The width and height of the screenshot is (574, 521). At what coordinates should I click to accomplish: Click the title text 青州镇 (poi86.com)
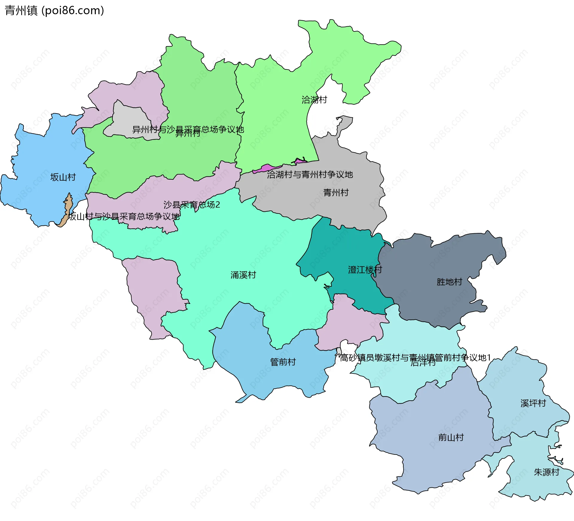click(54, 11)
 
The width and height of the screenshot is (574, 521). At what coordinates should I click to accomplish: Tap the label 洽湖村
click(314, 100)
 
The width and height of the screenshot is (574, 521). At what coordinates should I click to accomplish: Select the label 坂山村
click(63, 177)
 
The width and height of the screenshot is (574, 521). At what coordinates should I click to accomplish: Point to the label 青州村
click(336, 193)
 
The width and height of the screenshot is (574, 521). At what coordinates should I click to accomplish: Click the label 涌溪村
click(243, 275)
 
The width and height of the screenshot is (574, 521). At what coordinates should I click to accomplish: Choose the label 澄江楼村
click(365, 270)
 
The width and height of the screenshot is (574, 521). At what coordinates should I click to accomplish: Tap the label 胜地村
click(449, 282)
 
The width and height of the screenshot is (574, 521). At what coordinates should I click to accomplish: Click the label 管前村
click(283, 362)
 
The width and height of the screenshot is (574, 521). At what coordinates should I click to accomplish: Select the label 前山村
click(451, 437)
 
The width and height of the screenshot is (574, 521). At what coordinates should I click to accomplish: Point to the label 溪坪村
click(533, 403)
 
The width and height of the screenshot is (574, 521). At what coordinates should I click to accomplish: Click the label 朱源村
click(546, 472)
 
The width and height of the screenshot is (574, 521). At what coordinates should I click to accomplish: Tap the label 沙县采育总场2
click(192, 205)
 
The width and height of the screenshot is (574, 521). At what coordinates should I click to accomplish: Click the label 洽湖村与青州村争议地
click(310, 175)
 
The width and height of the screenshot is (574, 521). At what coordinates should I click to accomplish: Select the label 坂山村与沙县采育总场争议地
click(124, 216)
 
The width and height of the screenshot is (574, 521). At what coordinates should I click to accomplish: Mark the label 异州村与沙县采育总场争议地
click(188, 129)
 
